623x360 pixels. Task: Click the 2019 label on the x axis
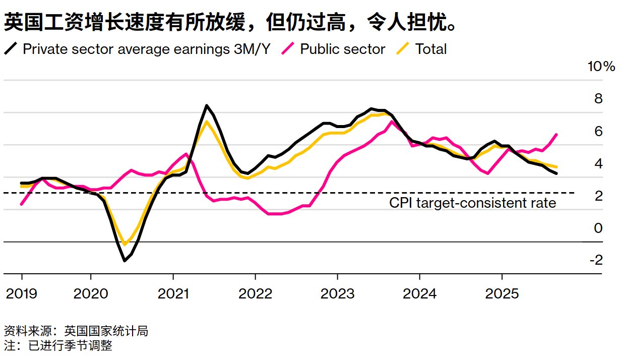tap(21, 294)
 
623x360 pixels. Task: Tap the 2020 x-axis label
tap(91, 294)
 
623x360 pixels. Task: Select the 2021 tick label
tap(173, 294)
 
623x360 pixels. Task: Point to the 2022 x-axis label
tap(255, 294)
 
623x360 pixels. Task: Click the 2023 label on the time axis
tap(337, 294)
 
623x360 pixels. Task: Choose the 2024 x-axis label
tap(420, 294)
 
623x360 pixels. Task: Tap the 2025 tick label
tap(502, 294)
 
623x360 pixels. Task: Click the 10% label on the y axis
tap(601, 67)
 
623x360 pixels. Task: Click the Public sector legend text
tap(342, 49)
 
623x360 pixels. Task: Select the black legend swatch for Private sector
tap(11, 49)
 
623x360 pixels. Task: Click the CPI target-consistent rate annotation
tap(472, 203)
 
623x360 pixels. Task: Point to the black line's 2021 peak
tap(207, 105)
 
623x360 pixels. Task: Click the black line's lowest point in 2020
tap(124, 261)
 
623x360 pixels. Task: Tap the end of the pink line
tap(556, 134)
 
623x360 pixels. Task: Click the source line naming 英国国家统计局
tap(76, 331)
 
